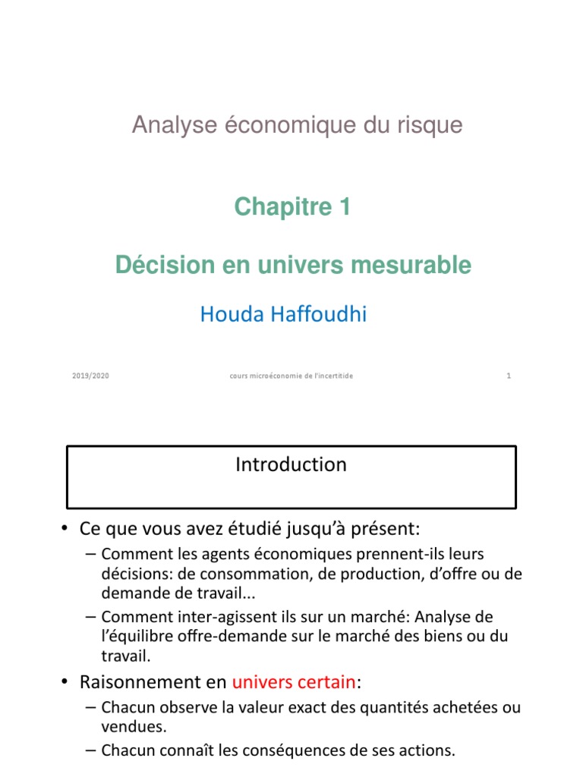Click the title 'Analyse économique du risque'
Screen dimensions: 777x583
(x=297, y=125)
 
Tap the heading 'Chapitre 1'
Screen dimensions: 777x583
(x=292, y=206)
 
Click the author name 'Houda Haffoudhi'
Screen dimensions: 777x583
(x=283, y=314)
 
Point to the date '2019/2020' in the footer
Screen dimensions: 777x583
(x=90, y=376)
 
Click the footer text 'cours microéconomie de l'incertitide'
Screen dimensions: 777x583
(x=291, y=376)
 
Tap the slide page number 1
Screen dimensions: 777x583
(x=509, y=376)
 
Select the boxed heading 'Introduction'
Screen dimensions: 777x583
(x=291, y=464)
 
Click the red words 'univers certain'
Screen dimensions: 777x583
(x=294, y=682)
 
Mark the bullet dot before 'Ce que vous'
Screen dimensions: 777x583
(x=68, y=527)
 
